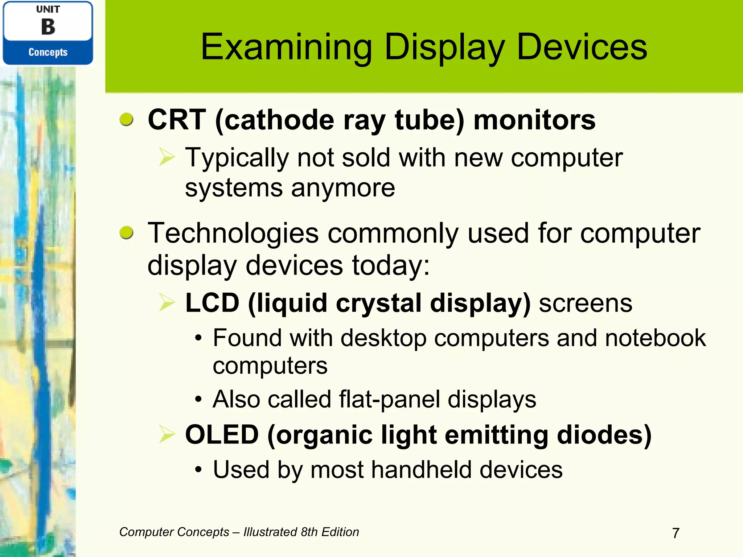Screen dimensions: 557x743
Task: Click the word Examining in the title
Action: [286, 47]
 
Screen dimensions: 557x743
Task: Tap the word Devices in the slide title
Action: [582, 47]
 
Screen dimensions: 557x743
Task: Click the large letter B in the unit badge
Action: [48, 27]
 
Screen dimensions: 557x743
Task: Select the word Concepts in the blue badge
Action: [48, 52]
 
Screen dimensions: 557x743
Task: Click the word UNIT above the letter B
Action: [48, 9]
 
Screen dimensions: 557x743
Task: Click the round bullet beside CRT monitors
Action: [126, 119]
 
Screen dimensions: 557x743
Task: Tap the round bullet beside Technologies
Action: [126, 232]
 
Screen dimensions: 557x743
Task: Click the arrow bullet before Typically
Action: [167, 158]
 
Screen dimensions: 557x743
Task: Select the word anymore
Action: [343, 188]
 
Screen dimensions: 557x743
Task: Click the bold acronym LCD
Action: [212, 303]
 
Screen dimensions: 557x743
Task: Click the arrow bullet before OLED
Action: [167, 434]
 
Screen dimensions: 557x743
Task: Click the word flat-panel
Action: [390, 400]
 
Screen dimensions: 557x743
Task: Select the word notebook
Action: [655, 338]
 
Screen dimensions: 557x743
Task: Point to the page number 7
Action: [676, 533]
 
